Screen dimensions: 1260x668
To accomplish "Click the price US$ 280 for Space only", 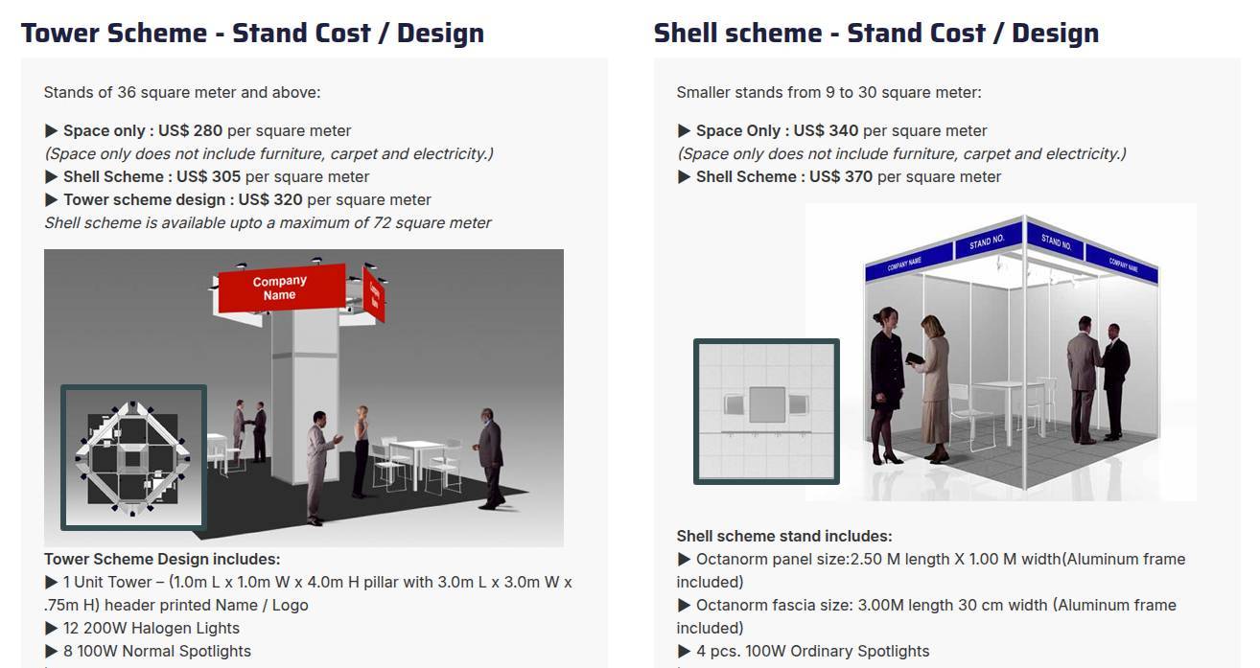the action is pos(190,131).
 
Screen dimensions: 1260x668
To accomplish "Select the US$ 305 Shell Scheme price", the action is pos(209,177).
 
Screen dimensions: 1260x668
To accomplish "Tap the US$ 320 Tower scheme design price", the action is pos(270,200).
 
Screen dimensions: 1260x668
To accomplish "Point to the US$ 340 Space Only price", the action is pos(826,131).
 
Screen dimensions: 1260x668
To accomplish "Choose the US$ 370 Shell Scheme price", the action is pos(841,177).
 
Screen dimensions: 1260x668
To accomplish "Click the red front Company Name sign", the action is pos(281,288).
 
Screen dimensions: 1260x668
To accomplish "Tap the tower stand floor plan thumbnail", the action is pos(134,458).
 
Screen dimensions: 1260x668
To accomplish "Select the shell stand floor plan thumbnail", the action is pos(766,411).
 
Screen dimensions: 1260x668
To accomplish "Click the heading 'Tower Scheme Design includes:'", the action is pos(162,560).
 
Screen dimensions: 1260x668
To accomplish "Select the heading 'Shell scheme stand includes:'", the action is pos(784,537).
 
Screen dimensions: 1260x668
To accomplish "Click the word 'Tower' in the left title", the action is pos(60,33).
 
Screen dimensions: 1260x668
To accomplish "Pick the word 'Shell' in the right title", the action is pos(685,33).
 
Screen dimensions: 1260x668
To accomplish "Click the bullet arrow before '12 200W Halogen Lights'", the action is pos(51,629).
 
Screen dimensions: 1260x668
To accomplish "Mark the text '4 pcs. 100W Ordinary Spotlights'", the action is pos(813,652).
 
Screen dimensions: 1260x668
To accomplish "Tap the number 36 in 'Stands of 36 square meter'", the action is pos(127,93).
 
